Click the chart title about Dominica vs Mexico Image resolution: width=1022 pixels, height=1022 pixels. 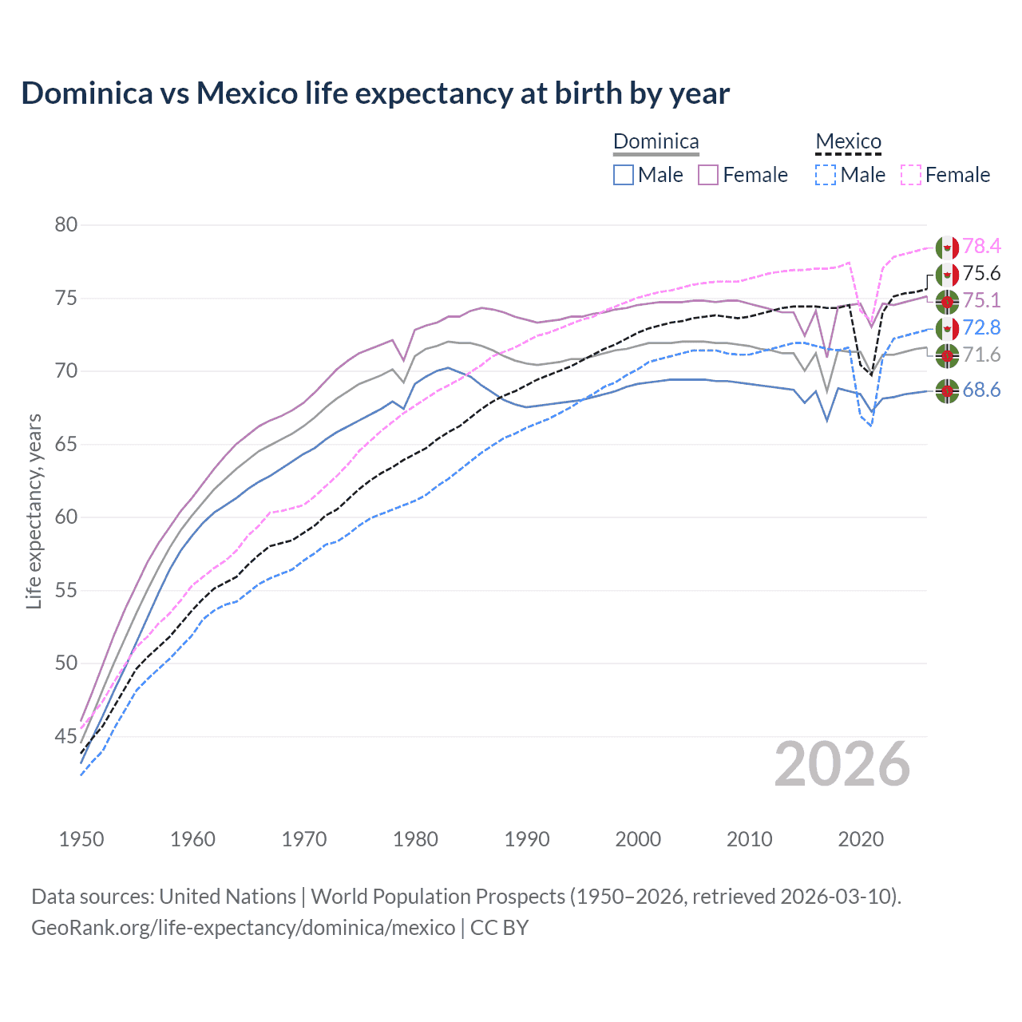(x=375, y=93)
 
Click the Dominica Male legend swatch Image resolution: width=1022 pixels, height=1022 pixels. (x=624, y=175)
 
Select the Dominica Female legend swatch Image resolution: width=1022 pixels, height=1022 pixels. (x=708, y=175)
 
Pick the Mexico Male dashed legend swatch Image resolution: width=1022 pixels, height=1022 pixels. (x=826, y=175)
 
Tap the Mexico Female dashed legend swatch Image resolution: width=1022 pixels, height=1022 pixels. (x=911, y=175)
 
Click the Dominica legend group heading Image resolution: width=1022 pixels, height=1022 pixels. (x=656, y=142)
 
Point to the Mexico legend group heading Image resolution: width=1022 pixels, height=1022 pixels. (x=848, y=142)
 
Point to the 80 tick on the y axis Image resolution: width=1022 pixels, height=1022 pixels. (x=66, y=225)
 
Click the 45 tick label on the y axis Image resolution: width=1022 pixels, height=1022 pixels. (x=66, y=736)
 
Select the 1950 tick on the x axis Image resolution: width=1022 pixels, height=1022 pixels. (x=81, y=839)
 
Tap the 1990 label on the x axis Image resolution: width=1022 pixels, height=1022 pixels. (x=527, y=839)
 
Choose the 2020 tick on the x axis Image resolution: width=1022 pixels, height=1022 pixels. (x=861, y=839)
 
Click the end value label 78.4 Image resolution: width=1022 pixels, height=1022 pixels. (x=981, y=247)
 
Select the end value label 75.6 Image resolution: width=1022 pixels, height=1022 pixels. (x=981, y=274)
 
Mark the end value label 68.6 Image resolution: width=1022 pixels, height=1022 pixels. (x=981, y=390)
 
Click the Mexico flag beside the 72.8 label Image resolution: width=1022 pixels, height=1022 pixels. (x=947, y=328)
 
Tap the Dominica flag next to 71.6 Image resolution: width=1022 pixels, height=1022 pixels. (x=947, y=355)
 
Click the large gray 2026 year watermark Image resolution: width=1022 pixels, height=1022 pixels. (x=842, y=764)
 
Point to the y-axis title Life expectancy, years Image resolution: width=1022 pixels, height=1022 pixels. (x=34, y=511)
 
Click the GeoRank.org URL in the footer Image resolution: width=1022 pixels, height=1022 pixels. (x=243, y=928)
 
